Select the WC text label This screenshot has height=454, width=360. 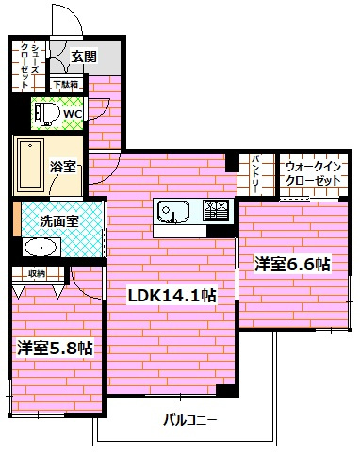point(73,115)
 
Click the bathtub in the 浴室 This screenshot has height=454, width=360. point(29,166)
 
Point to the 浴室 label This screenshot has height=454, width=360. point(64,167)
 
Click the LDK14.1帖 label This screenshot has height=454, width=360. point(172,295)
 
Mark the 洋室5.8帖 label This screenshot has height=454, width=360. point(55,348)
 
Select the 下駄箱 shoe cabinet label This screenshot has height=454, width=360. point(66,85)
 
